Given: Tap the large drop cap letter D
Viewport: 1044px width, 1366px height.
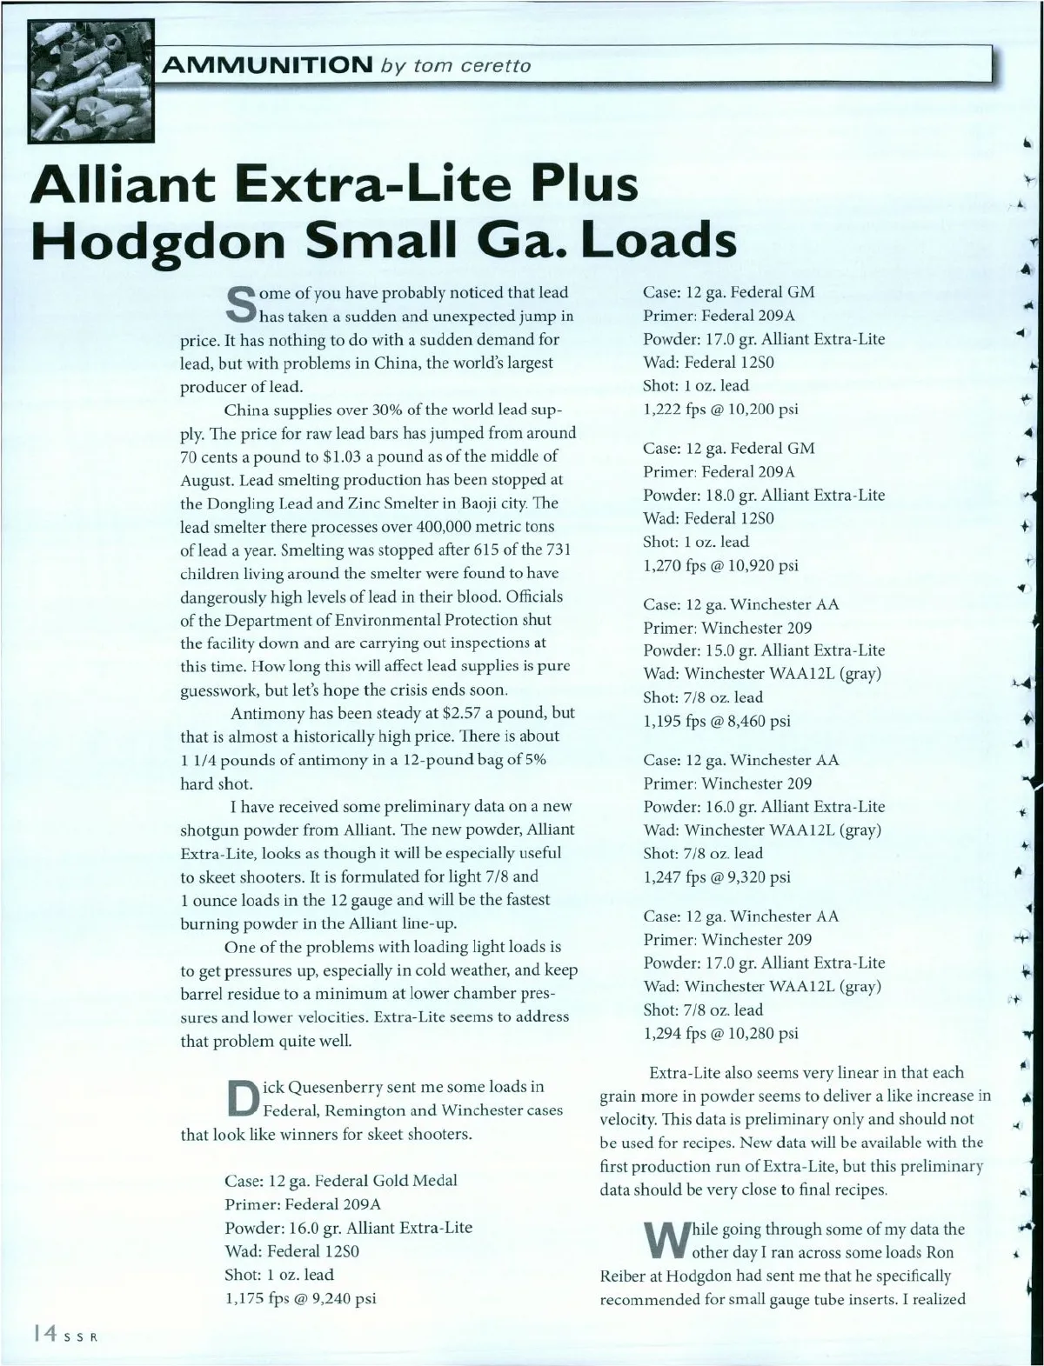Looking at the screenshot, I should [x=239, y=1098].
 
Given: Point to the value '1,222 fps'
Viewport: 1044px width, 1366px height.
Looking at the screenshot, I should [x=677, y=410].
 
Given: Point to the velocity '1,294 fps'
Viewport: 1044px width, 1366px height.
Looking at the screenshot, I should [x=677, y=1034].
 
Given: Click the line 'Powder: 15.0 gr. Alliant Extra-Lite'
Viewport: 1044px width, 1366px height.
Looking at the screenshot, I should [x=764, y=650].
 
